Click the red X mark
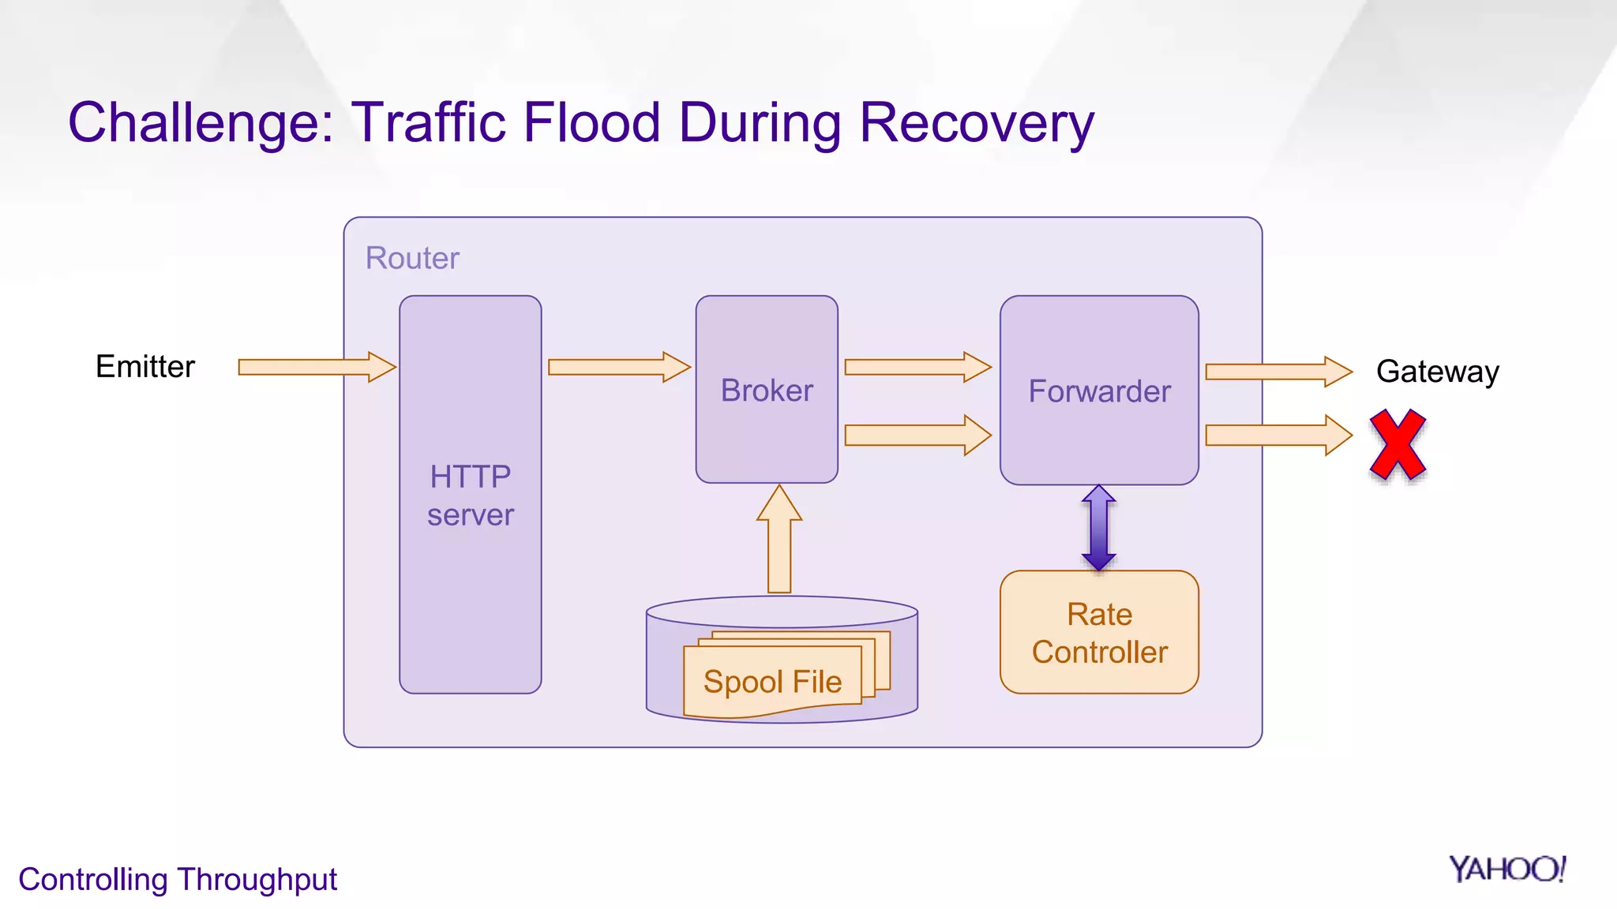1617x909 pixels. click(1398, 445)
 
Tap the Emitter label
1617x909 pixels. click(145, 367)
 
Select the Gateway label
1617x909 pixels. click(1437, 372)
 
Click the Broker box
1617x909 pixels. click(767, 390)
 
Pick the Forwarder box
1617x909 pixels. click(1099, 391)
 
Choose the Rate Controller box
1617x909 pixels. click(1099, 633)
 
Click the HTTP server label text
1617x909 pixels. click(471, 496)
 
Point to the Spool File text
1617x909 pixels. click(772, 682)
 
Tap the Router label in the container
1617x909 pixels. click(412, 258)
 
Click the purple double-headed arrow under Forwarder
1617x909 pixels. click(1099, 528)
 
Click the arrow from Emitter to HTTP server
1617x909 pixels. click(316, 367)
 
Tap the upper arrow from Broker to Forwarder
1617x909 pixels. click(917, 367)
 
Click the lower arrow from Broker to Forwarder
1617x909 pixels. click(917, 435)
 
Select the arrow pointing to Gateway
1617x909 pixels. click(1277, 372)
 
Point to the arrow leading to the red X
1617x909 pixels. click(1277, 435)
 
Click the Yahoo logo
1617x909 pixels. click(1506, 870)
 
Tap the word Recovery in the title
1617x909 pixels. click(977, 123)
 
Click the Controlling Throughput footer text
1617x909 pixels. click(178, 879)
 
